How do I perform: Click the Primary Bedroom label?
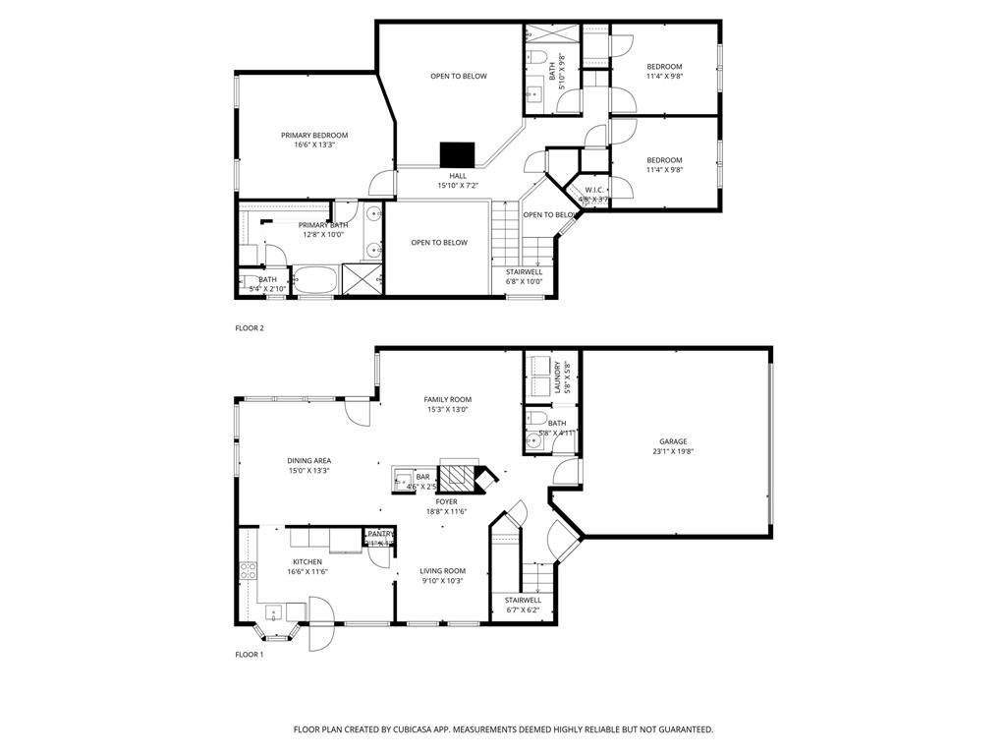[314, 136]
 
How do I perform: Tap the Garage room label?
[673, 441]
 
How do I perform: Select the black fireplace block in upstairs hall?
[457, 154]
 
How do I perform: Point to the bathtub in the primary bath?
[316, 280]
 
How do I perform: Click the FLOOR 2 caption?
[250, 328]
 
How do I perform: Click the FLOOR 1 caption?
[250, 654]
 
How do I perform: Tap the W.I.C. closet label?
[593, 190]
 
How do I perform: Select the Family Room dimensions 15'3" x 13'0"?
[448, 410]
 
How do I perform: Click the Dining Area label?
[308, 460]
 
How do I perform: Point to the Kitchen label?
[307, 561]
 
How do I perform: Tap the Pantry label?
[381, 533]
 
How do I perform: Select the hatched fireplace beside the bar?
[456, 479]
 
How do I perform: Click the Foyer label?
[447, 501]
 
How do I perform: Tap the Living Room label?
[443, 570]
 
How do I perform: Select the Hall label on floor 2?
[458, 176]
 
